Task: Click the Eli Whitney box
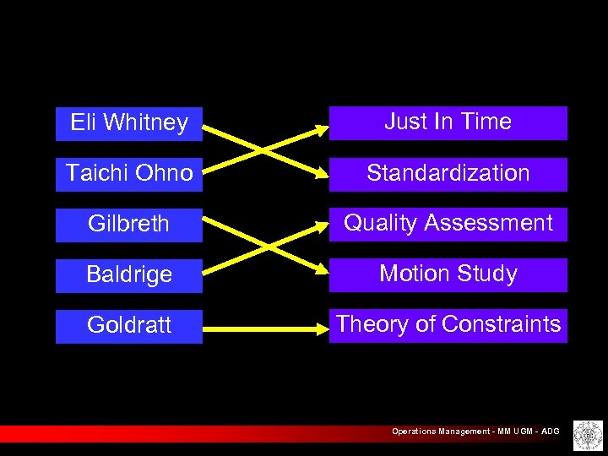point(129,123)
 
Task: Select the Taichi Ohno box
point(129,174)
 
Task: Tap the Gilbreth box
point(129,225)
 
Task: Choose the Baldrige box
point(129,275)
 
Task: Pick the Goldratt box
point(129,326)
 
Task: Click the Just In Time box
point(448,122)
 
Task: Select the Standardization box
point(448,173)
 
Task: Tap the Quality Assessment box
point(448,224)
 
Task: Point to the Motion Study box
point(448,274)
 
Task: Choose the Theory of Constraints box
point(448,325)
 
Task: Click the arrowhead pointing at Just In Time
point(321,129)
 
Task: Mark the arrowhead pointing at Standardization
point(321,175)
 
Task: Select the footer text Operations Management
point(439,432)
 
